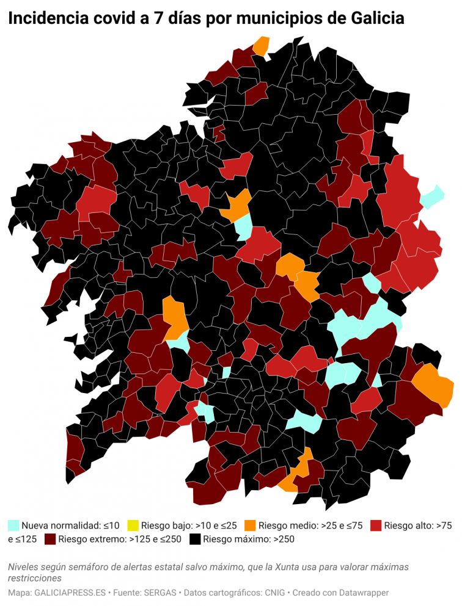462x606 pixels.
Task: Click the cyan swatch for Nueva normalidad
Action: (x=13, y=525)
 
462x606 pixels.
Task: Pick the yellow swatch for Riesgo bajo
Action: (x=133, y=525)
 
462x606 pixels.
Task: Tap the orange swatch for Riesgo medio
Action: (x=250, y=525)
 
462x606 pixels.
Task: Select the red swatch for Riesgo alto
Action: (x=376, y=525)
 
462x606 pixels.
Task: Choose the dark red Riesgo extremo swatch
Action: (x=50, y=539)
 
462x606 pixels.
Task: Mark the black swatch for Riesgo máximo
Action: (x=195, y=539)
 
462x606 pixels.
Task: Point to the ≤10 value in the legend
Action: (x=111, y=525)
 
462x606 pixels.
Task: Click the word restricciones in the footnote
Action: (x=35, y=577)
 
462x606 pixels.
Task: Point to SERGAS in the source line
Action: (x=159, y=593)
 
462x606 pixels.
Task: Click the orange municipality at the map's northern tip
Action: (x=262, y=46)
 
